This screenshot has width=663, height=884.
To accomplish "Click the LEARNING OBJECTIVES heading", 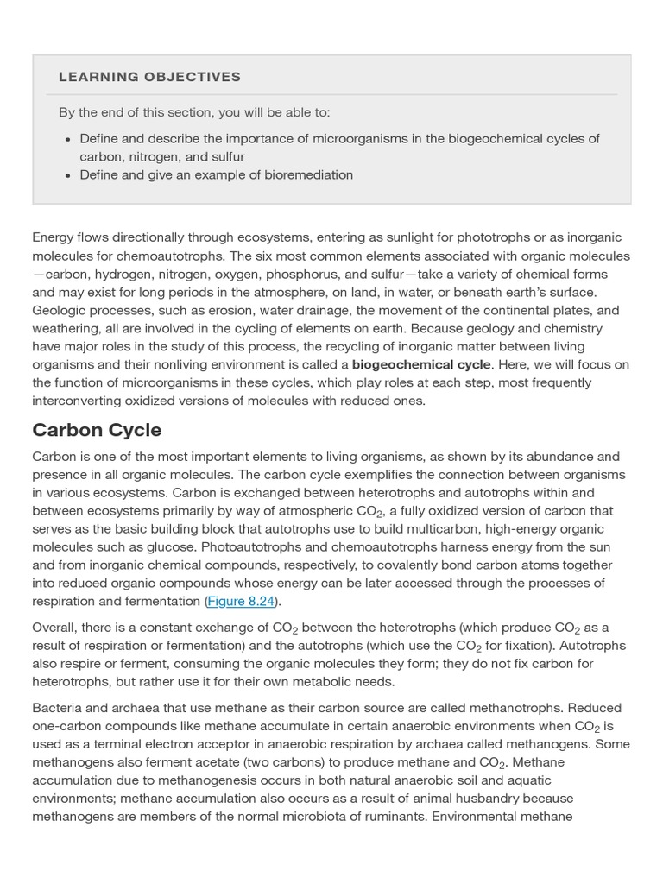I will pyautogui.click(x=149, y=77).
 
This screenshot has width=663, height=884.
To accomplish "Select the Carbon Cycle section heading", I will pyautogui.click(x=97, y=430).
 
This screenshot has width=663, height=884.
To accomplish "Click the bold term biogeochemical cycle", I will pyautogui.click(x=421, y=365).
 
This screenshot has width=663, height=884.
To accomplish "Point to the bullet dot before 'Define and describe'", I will pyautogui.click(x=68, y=139).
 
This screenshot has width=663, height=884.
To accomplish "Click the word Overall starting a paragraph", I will pyautogui.click(x=56, y=628).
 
